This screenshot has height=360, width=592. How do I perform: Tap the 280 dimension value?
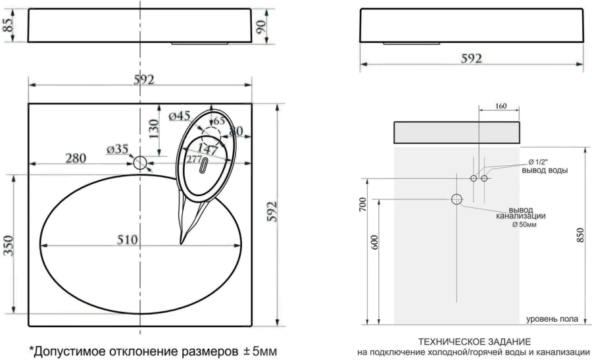tap(77, 158)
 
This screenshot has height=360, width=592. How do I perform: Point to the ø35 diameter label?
tap(117, 149)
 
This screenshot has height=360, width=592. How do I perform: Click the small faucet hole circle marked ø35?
tap(140, 163)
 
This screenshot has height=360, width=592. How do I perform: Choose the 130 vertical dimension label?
tap(153, 125)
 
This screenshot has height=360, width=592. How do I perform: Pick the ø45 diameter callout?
tap(180, 116)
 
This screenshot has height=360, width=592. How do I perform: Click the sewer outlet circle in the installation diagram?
tap(456, 199)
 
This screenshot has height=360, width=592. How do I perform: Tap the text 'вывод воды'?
tap(545, 170)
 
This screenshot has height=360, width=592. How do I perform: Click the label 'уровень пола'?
tap(552, 319)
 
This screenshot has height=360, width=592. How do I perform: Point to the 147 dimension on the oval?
tap(208, 149)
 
